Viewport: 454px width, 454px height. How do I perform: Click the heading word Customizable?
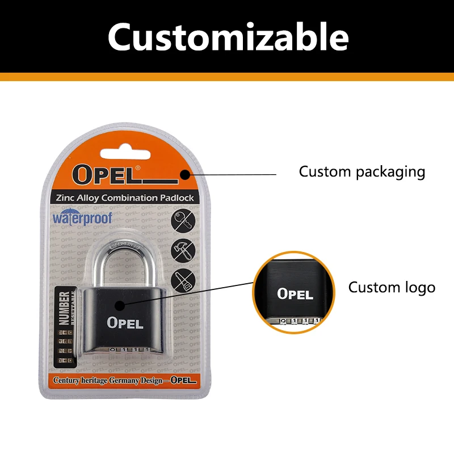[228, 37]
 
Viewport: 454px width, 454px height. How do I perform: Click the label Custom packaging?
[362, 171]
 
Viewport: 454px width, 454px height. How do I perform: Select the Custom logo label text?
[392, 287]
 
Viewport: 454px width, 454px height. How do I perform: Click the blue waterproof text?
[82, 218]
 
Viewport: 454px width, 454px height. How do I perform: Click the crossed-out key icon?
[183, 221]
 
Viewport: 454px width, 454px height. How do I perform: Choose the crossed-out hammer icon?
[183, 250]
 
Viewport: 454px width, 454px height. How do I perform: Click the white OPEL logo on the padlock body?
[125, 322]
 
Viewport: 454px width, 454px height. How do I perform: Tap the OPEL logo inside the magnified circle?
[295, 294]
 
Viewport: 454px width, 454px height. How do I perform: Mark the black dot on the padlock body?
[120, 305]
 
